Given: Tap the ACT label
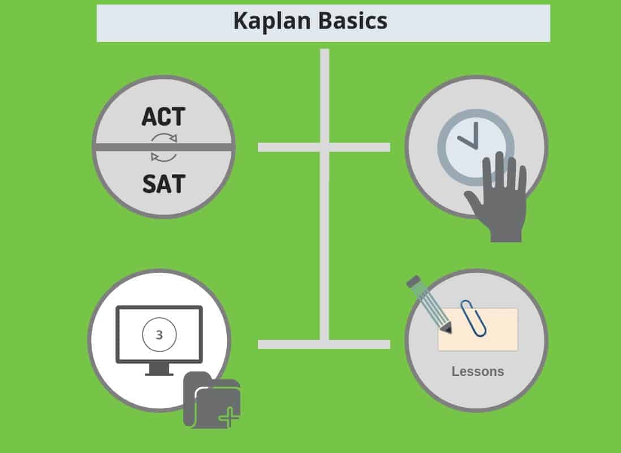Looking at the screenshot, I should click(163, 117).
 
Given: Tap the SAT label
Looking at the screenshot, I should click(163, 184).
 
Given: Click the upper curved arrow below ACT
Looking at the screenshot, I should click(165, 138).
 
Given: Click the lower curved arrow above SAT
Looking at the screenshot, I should click(164, 156).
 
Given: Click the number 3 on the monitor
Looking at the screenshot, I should click(159, 335).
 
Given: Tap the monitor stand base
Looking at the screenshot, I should click(159, 374).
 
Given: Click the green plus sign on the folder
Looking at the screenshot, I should click(228, 418).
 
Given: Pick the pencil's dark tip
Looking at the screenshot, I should click(447, 328).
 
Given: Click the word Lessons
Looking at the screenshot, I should click(477, 372).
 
